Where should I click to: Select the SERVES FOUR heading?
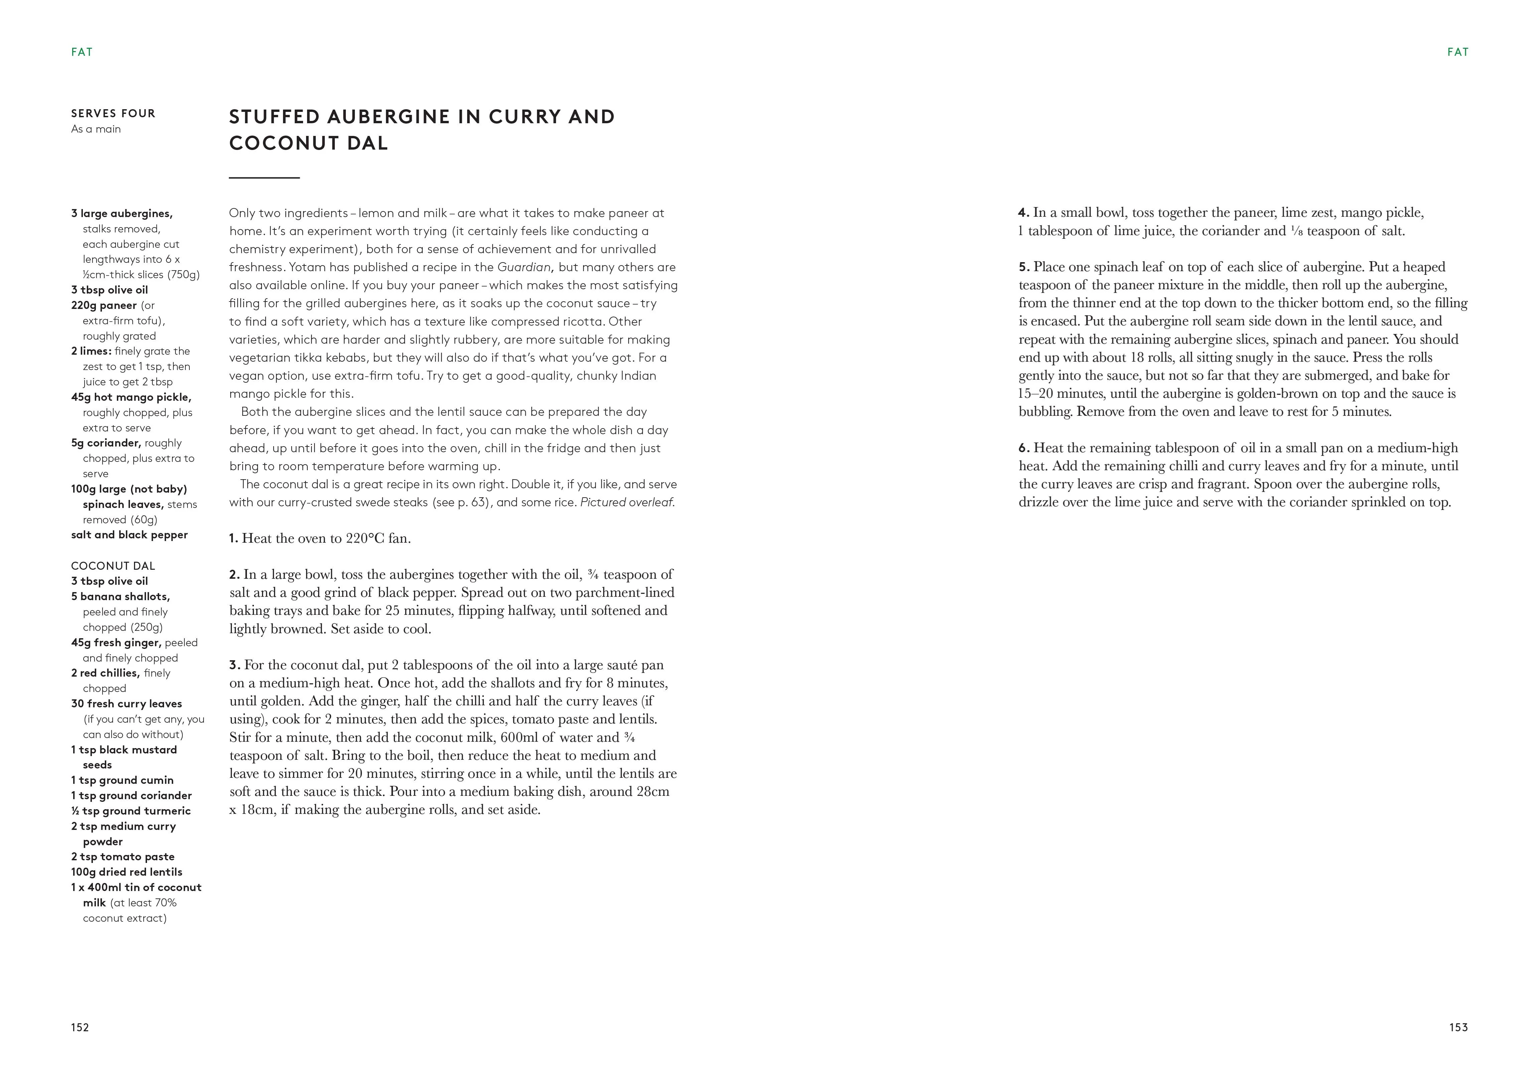pyautogui.click(x=114, y=114)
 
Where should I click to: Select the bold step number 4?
pyautogui.click(x=1023, y=213)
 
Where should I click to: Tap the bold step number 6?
pyautogui.click(x=1023, y=448)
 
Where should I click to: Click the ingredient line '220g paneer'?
pyautogui.click(x=104, y=305)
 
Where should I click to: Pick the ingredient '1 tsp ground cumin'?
pyautogui.click(x=122, y=780)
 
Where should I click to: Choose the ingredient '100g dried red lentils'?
pyautogui.click(x=127, y=872)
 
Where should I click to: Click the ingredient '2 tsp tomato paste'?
pyautogui.click(x=123, y=857)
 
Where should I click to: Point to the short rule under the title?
pyautogui.click(x=264, y=178)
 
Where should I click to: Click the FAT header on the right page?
pyautogui.click(x=1457, y=52)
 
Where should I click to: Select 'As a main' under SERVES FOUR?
pyautogui.click(x=96, y=129)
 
